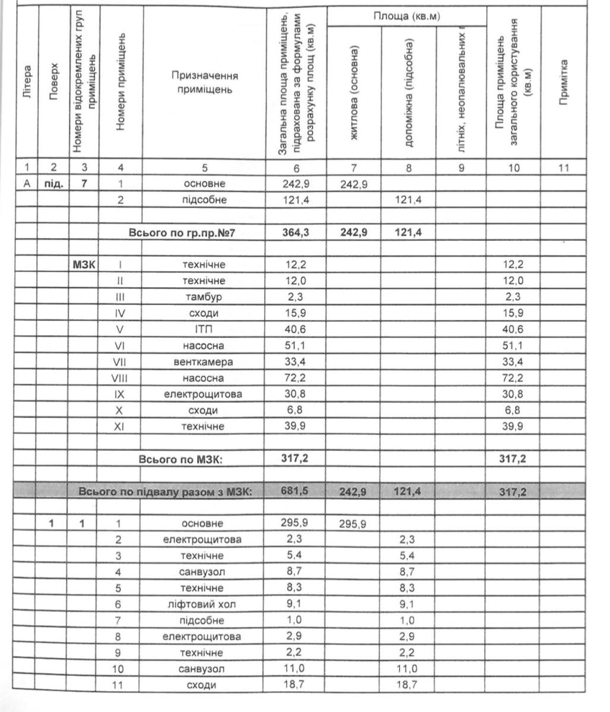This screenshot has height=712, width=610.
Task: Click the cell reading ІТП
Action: [x=203, y=329]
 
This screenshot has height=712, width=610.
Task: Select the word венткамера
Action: [x=203, y=362]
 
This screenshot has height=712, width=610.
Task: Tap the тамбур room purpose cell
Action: [x=203, y=297]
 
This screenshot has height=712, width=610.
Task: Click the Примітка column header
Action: [x=564, y=82]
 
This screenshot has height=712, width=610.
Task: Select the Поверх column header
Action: [x=54, y=82]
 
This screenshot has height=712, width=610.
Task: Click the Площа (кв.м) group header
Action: [x=406, y=16]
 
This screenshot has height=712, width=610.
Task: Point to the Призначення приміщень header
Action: [x=204, y=82]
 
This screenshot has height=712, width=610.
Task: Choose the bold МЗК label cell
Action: [x=84, y=265]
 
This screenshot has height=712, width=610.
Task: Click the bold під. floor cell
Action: [x=54, y=184]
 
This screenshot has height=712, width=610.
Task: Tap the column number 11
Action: [x=564, y=168]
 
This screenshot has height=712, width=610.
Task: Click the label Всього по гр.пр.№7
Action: [x=182, y=233]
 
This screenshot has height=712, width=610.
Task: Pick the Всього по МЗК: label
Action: [x=180, y=459]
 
